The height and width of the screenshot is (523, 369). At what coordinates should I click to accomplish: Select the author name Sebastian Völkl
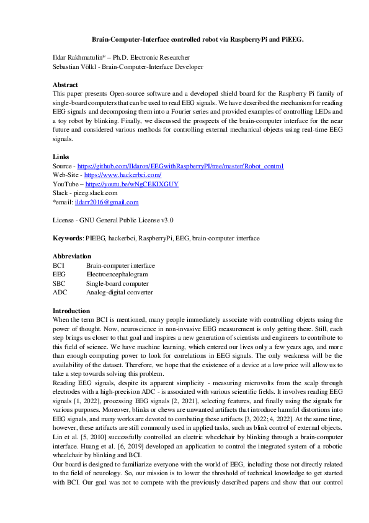pos(76,66)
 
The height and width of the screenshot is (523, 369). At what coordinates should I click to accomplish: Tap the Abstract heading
pos(66,84)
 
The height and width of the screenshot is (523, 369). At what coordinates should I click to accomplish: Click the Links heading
pos(61,157)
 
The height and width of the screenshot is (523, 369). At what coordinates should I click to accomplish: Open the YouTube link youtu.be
pos(131,184)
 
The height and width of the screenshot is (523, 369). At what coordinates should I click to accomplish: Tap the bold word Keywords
pos(68,239)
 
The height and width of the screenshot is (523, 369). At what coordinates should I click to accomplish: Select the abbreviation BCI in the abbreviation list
pos(58,266)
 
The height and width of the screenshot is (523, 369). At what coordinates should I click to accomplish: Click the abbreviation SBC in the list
pos(59,283)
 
